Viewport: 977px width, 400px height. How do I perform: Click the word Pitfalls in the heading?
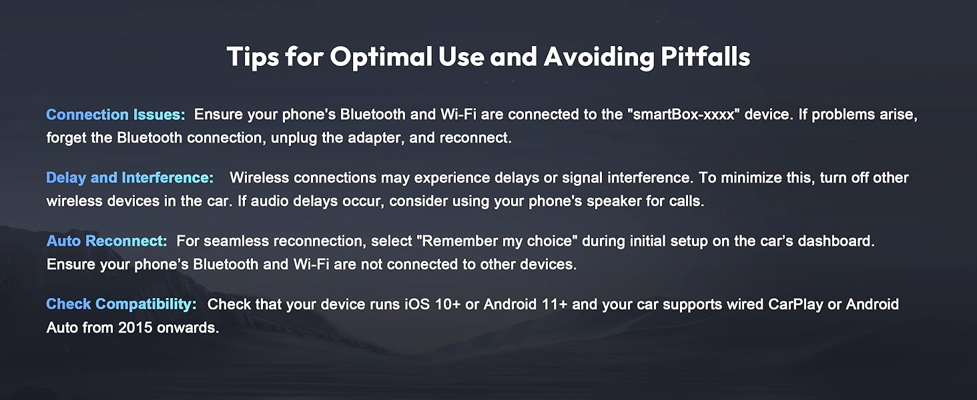coord(705,57)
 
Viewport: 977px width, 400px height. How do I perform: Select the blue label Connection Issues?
coord(115,115)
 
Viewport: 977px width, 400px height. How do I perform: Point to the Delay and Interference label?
coord(129,178)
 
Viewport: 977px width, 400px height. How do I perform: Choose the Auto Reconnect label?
coord(107,241)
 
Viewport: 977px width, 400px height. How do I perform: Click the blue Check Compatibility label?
coord(121,305)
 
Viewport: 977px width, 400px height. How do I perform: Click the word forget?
coord(65,138)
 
